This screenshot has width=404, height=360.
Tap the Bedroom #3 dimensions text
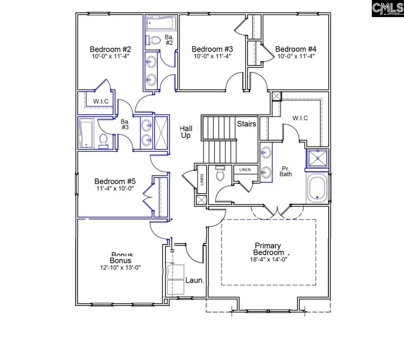[x=212, y=57]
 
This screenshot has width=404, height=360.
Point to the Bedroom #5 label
[x=115, y=181]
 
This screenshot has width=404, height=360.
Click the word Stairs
[x=246, y=124]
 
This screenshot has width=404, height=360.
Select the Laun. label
[x=195, y=281]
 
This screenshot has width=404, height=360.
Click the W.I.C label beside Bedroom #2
[x=101, y=101]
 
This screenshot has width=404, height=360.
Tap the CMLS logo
[x=387, y=9]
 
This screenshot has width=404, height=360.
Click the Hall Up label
[x=186, y=132]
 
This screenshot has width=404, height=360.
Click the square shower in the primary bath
[x=318, y=158]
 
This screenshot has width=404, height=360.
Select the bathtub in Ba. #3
[x=85, y=133]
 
